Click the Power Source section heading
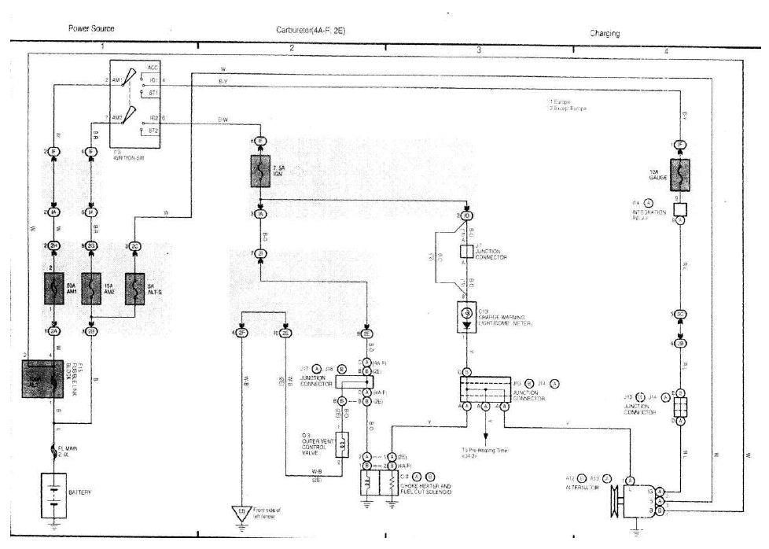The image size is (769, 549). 91,28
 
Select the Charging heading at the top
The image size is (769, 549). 605,33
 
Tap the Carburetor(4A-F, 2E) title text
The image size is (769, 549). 311,29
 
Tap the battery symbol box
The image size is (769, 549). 53,493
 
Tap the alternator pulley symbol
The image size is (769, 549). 613,501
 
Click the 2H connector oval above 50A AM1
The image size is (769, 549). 53,246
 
